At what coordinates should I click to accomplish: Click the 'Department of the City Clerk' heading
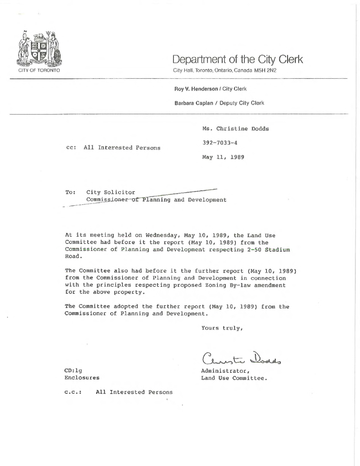pyautogui.click(x=237, y=59)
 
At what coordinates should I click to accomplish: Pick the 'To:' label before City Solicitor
pyautogui.click(x=71, y=192)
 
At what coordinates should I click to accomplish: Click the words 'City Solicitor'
pyautogui.click(x=111, y=192)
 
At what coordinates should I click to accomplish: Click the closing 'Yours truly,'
pyautogui.click(x=221, y=328)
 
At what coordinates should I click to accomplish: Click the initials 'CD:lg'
pyautogui.click(x=74, y=370)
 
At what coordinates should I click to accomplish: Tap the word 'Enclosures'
pyautogui.click(x=82, y=378)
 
